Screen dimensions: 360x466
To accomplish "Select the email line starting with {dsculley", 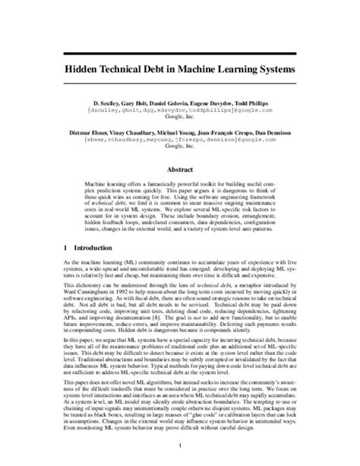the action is pos(179,109).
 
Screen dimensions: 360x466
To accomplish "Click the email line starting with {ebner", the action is pos(179,142).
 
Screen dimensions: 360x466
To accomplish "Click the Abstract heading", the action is pos(179,170).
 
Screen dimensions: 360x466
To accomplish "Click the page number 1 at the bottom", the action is pos(179,446).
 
